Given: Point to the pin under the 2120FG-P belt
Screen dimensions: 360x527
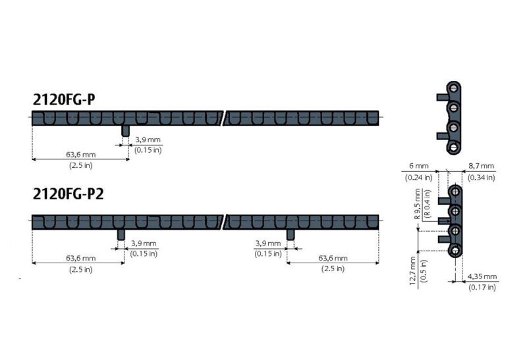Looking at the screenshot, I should (125, 130).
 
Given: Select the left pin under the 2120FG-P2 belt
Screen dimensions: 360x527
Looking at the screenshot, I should (121, 234).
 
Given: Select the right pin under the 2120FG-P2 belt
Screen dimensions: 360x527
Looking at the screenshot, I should (290, 234).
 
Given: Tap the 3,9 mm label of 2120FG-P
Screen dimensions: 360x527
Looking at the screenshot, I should (148, 140).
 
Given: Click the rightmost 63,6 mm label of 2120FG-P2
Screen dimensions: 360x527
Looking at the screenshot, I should (333, 259).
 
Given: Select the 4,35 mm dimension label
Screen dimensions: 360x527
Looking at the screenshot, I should (482, 277).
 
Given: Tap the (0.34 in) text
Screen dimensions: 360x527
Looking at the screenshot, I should (481, 177).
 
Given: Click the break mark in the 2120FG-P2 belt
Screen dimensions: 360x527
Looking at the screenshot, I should (225, 219).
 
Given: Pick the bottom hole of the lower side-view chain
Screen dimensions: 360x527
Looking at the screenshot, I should (455, 251).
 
